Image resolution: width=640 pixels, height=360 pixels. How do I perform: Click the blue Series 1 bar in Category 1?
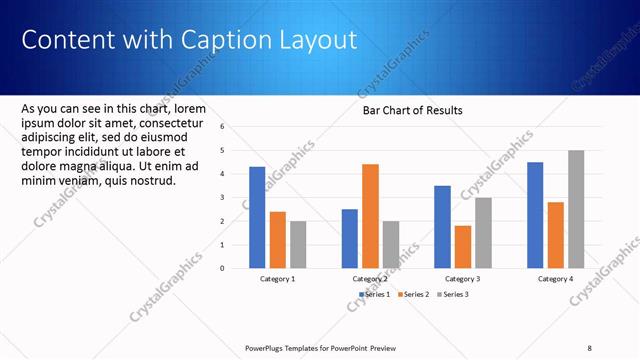(257, 217)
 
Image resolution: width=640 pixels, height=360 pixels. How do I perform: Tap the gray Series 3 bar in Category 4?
(576, 209)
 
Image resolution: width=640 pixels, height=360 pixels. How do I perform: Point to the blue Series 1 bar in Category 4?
(535, 215)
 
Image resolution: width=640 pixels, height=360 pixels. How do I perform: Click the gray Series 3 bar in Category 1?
(298, 244)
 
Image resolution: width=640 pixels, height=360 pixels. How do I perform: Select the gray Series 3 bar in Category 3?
(483, 232)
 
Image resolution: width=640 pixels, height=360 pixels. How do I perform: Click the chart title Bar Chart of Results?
(412, 111)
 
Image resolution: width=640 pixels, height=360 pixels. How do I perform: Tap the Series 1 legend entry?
(374, 294)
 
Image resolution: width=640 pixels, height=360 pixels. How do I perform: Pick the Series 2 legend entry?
(412, 294)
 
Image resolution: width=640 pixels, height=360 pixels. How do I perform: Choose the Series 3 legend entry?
(451, 294)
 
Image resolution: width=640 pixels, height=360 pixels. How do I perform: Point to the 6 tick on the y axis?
(236, 127)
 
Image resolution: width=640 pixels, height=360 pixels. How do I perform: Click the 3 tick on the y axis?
(236, 197)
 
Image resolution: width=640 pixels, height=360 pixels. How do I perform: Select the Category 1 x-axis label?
(277, 279)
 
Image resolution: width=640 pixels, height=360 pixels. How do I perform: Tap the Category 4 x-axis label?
(555, 279)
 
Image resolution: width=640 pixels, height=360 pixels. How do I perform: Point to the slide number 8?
(590, 347)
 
